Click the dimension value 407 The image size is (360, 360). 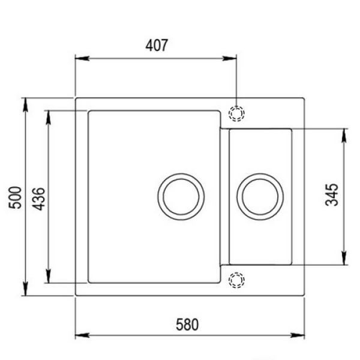157,45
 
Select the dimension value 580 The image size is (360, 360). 187,325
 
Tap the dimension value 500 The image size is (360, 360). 15,197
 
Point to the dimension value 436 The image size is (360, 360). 38,199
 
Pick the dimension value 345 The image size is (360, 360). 332,194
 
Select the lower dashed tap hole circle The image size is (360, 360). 236,273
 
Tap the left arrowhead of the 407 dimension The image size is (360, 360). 82,58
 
